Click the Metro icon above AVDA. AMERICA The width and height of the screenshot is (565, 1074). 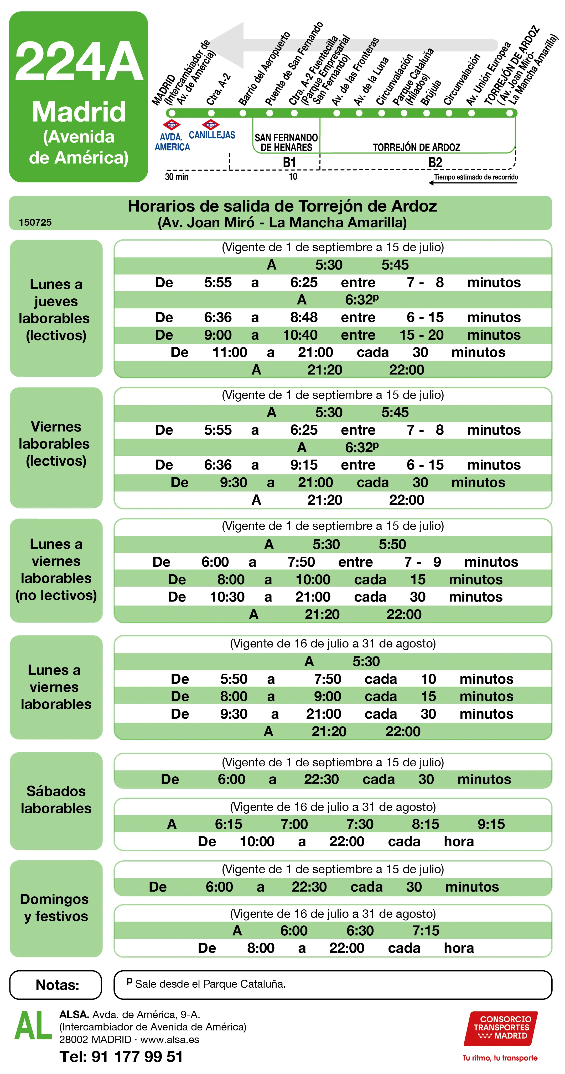172,125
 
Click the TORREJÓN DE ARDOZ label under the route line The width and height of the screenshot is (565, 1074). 416,147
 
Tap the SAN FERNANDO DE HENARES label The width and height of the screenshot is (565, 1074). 286,142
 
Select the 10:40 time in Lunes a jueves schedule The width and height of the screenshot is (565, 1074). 300,335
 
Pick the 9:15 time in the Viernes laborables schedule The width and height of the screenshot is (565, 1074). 304,465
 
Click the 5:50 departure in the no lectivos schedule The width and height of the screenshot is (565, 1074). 392,544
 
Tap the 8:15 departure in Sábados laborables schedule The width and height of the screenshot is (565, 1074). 425,824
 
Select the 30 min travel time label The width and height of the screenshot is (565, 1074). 177,177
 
